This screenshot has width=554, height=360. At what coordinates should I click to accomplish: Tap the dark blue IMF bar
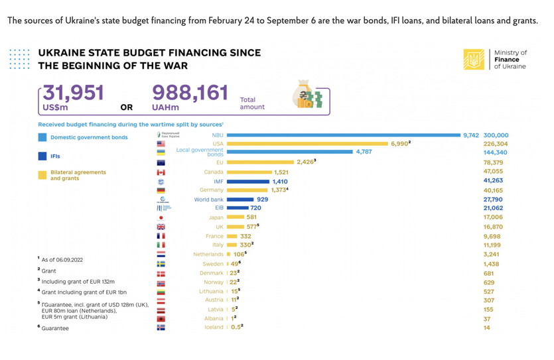point(248,181)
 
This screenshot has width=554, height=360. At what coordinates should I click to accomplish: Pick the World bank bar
point(240,199)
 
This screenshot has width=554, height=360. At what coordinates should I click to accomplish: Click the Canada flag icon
point(161,172)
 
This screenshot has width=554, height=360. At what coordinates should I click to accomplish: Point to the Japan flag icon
point(161,217)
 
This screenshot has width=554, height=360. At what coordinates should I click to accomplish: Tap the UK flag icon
point(161,227)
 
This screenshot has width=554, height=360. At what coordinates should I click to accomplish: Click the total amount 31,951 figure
point(74,93)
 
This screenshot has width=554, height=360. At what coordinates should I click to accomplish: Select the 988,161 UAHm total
point(190,93)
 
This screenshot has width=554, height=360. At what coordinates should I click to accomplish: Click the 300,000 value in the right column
point(496,135)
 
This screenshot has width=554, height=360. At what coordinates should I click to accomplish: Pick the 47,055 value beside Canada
point(494,171)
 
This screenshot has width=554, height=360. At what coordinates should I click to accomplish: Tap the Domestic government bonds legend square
point(42,137)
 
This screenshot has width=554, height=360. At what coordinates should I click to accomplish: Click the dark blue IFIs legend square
point(42,156)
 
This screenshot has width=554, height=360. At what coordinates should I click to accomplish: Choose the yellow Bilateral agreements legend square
point(42,175)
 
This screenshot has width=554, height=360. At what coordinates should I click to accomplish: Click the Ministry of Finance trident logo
point(474,59)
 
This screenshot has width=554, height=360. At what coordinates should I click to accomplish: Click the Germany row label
point(212,190)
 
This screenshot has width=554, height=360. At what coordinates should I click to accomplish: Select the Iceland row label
point(214,327)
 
